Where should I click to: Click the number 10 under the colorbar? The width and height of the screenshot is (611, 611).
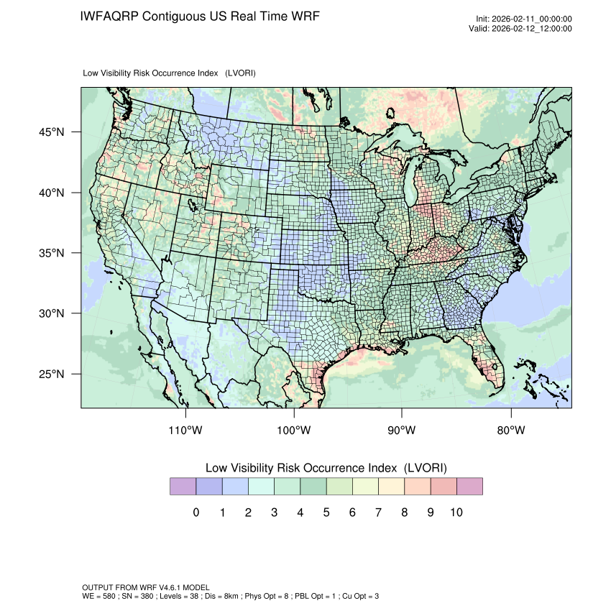456,513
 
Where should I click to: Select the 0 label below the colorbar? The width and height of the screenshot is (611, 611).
196,513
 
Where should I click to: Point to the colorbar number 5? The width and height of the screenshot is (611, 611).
326,513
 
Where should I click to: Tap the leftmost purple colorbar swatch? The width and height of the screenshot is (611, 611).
183,487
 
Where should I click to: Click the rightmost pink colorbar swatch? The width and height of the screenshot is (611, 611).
469,487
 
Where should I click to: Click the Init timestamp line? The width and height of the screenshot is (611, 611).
523,19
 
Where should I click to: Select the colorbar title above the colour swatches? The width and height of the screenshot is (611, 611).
326,468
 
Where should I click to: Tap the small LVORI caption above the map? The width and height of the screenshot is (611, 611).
170,73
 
